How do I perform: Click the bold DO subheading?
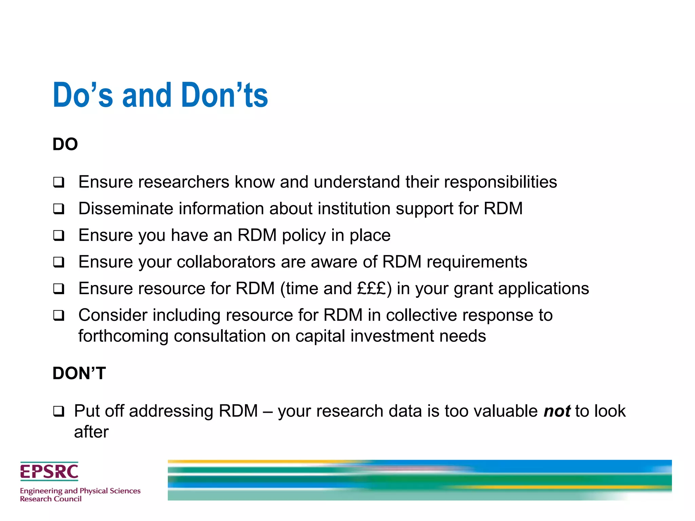pyautogui.click(x=65, y=144)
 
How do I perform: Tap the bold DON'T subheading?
pyautogui.click(x=79, y=373)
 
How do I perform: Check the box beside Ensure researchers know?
pyautogui.click(x=59, y=182)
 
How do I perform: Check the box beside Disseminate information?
pyautogui.click(x=59, y=209)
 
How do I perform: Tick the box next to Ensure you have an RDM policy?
pyautogui.click(x=59, y=235)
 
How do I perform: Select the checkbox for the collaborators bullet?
pyautogui.click(x=59, y=262)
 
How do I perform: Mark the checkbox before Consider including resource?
pyautogui.click(x=59, y=315)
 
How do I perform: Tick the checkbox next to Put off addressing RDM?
pyautogui.click(x=59, y=411)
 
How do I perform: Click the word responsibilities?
pyautogui.click(x=501, y=182)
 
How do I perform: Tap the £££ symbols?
pyautogui.click(x=372, y=288)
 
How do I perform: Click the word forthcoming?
pyautogui.click(x=123, y=336)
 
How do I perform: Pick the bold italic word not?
pyautogui.click(x=557, y=411)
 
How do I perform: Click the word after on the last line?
pyautogui.click(x=91, y=432)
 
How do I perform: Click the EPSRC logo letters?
pyautogui.click(x=49, y=471)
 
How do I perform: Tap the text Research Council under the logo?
pyautogui.click(x=51, y=499)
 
